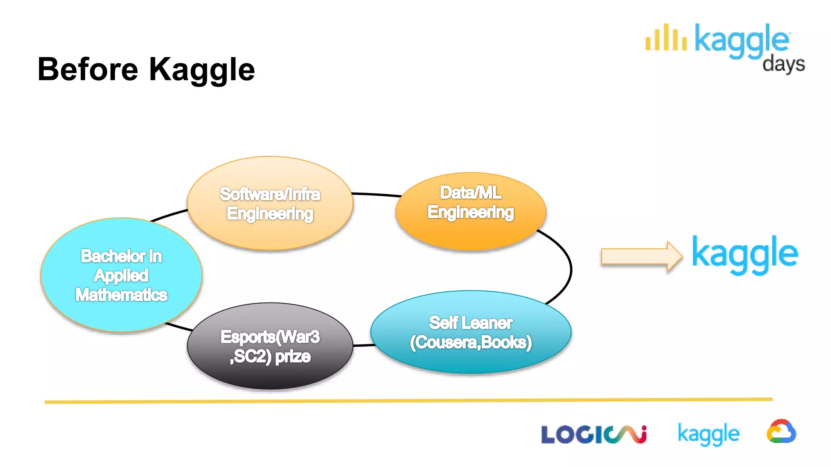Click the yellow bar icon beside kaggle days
pyautogui.click(x=666, y=38)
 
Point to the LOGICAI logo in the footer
pyautogui.click(x=593, y=435)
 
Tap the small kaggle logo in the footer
pyautogui.click(x=708, y=434)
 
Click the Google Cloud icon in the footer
pyautogui.click(x=781, y=432)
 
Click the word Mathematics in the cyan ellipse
pyautogui.click(x=121, y=295)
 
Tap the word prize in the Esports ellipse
pyautogui.click(x=293, y=357)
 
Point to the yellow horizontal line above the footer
pyautogui.click(x=406, y=401)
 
